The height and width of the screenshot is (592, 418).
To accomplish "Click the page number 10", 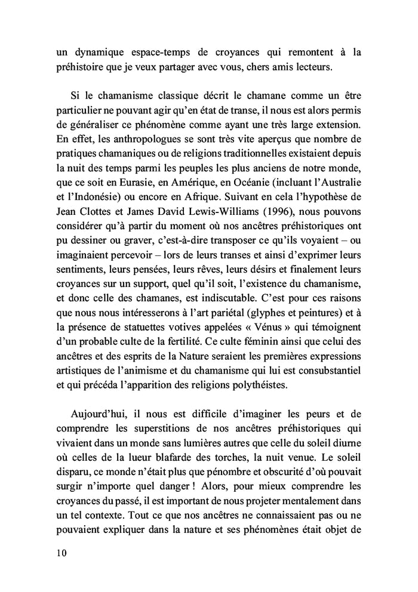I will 58,553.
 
